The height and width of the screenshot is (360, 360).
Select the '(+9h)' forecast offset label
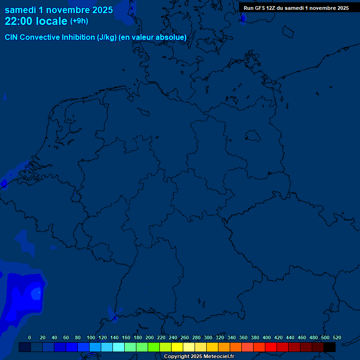tap(79, 21)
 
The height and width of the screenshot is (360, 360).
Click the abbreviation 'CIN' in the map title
tap(12, 37)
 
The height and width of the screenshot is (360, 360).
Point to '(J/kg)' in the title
tap(107, 37)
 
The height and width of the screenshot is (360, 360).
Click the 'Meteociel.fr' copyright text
tap(215, 357)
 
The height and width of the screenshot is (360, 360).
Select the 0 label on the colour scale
tap(30, 337)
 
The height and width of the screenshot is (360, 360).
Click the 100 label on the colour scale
tap(91, 337)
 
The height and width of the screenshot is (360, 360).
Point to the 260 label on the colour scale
tap(185, 337)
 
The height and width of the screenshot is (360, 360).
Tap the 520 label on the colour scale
tap(337, 337)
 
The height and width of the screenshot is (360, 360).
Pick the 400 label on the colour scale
tap(267, 337)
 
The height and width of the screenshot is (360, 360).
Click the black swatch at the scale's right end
tap(330, 347)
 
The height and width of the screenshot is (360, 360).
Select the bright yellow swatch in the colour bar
tap(177, 347)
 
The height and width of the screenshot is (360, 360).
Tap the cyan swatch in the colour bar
tap(119, 347)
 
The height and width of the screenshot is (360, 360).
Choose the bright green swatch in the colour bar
tap(154, 347)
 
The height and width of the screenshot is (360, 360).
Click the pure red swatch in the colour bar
tap(271, 347)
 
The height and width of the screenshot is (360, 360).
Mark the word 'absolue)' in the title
tap(172, 37)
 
